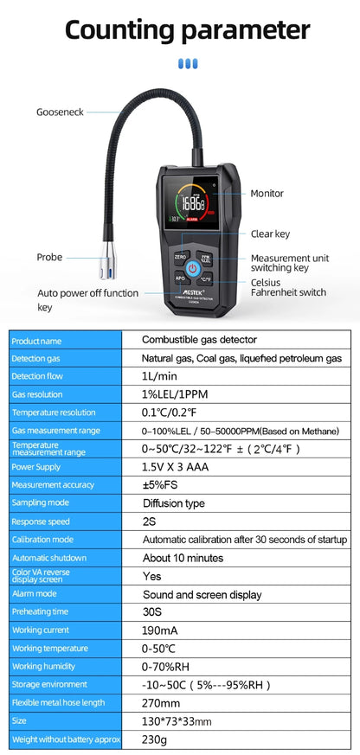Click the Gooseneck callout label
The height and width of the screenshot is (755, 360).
point(60,112)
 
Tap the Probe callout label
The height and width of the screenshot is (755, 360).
point(49,257)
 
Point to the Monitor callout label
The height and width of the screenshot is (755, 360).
point(267,194)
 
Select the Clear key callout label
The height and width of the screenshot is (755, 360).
point(270,234)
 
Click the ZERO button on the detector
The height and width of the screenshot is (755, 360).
point(180,257)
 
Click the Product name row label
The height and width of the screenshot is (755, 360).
point(36,341)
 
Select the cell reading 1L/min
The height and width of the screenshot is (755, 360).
point(159,376)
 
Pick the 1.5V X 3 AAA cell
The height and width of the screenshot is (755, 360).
point(175,467)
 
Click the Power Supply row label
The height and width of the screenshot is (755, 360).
point(35,467)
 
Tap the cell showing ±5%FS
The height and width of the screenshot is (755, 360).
point(160,485)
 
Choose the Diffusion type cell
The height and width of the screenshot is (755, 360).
point(174,503)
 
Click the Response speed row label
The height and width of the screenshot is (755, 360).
point(41,521)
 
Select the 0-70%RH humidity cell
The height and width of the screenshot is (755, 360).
point(165,667)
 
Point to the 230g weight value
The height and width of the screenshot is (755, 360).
point(154,739)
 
